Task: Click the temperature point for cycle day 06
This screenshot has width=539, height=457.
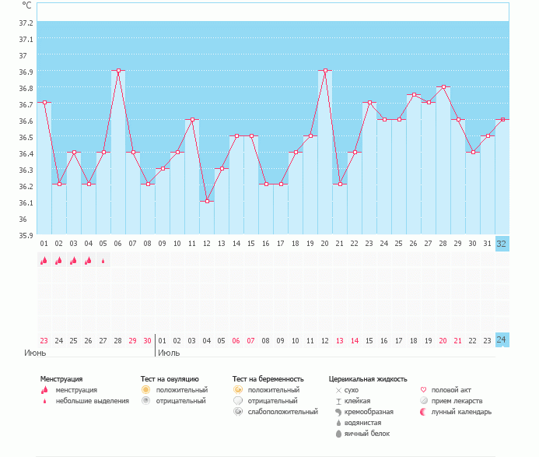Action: (x=118, y=70)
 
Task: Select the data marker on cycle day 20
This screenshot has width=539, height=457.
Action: (x=325, y=70)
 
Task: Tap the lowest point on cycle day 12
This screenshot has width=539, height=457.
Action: (x=207, y=201)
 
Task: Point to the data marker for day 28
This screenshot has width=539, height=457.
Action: (x=443, y=86)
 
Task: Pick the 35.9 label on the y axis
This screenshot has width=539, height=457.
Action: (x=26, y=235)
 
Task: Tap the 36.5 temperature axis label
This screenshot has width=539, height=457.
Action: (x=26, y=137)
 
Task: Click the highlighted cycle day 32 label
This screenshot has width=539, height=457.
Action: (x=502, y=243)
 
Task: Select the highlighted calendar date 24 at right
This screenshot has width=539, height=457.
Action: (x=502, y=339)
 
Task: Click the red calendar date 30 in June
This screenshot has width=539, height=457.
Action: (x=148, y=340)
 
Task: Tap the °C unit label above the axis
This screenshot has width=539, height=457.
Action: (x=27, y=5)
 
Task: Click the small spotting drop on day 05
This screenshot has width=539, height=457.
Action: (x=103, y=262)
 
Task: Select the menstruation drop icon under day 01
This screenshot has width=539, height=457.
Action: (x=44, y=261)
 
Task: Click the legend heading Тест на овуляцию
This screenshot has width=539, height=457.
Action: (x=170, y=378)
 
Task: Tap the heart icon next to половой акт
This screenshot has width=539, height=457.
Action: (x=423, y=389)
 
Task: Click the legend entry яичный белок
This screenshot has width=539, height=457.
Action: (x=366, y=433)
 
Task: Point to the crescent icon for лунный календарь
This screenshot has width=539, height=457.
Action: (x=423, y=411)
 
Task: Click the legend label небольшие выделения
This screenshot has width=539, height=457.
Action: (x=93, y=400)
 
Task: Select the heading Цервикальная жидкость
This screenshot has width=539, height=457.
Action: (x=368, y=378)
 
